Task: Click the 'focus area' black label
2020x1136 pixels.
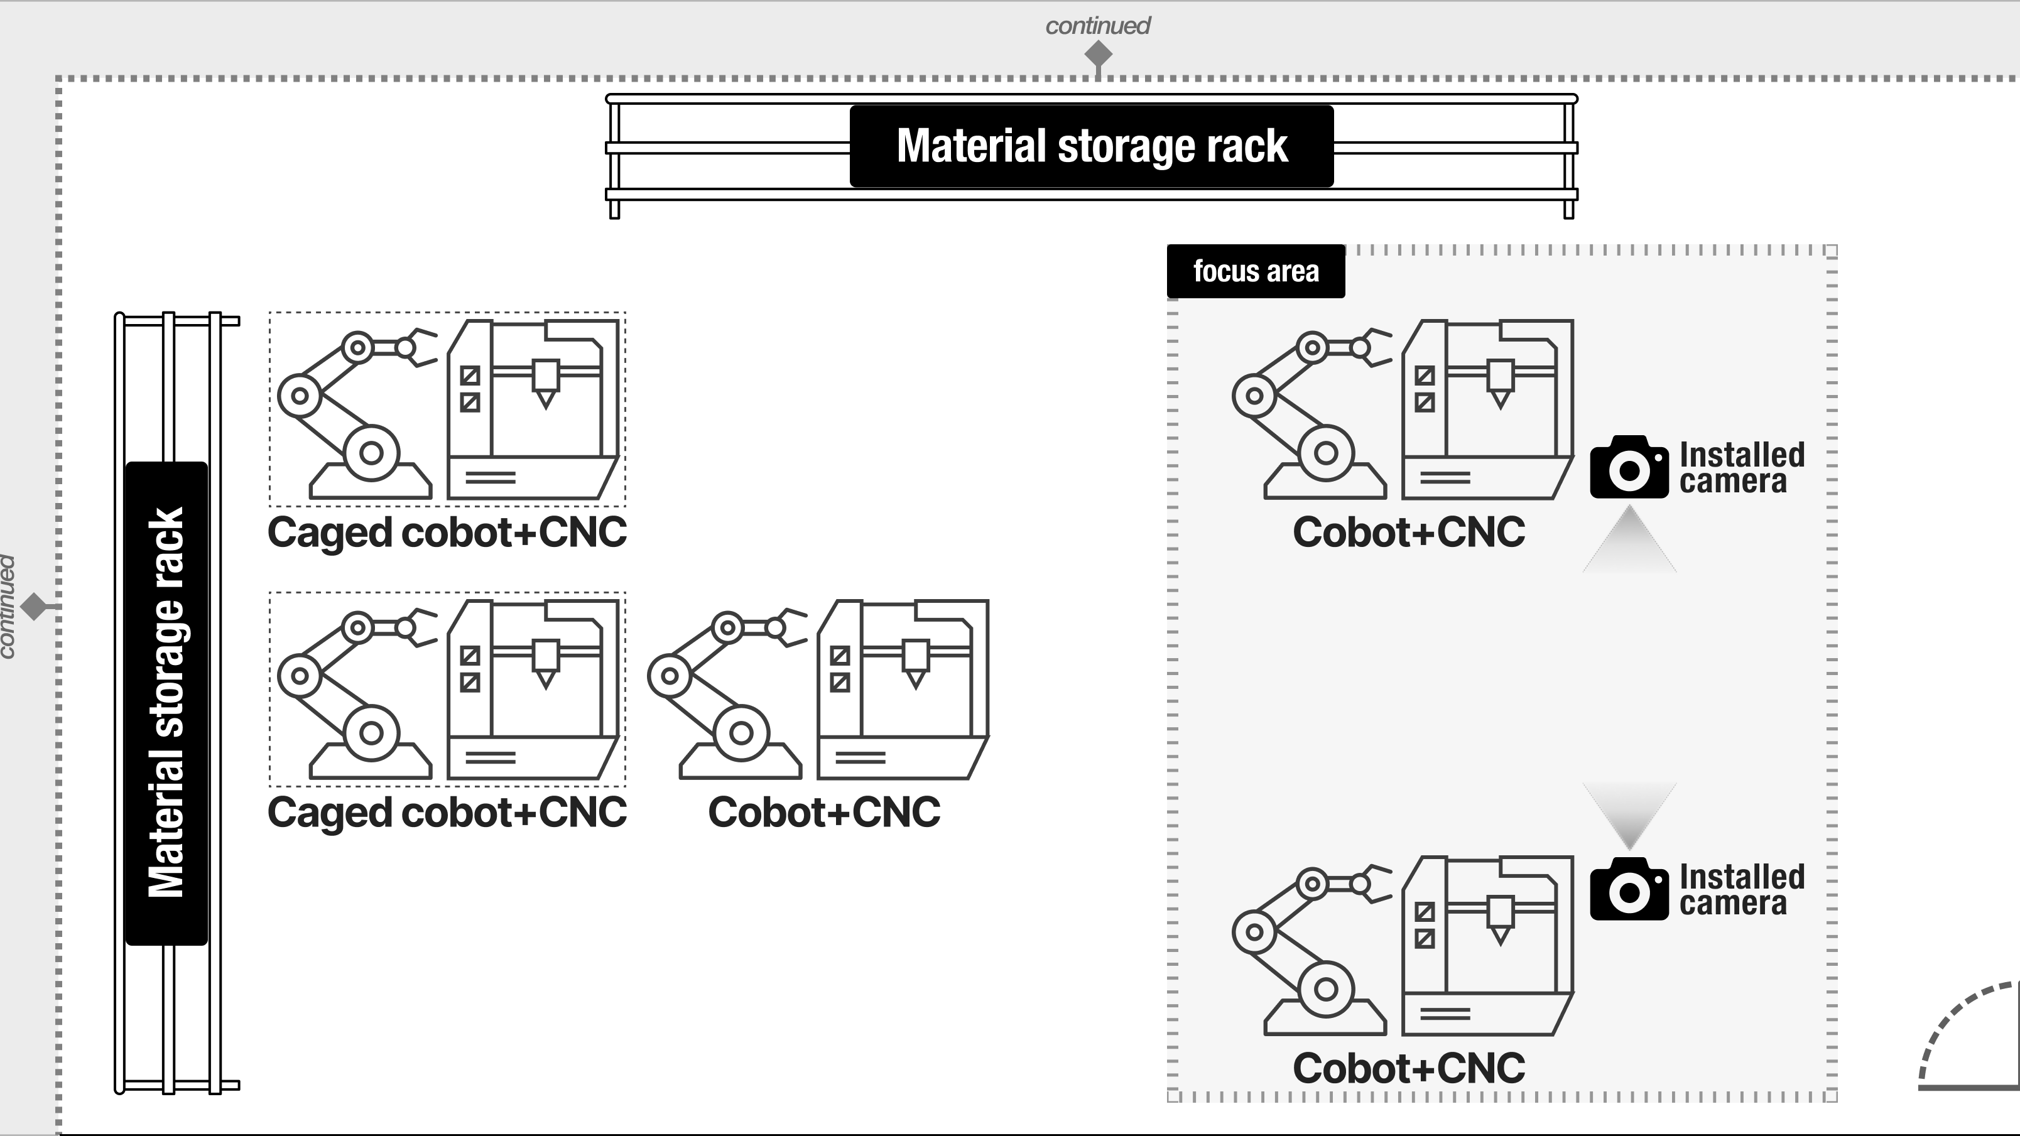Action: (1256, 271)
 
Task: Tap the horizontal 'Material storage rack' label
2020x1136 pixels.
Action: (1092, 146)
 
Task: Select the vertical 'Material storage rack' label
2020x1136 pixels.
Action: (166, 703)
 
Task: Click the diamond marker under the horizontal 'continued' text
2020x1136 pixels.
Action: (1098, 55)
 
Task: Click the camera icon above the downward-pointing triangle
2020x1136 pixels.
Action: (1629, 467)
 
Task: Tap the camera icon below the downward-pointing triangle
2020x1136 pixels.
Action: (1629, 889)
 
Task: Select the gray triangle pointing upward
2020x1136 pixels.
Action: (1629, 539)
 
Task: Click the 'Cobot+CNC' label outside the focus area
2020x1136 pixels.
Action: (824, 812)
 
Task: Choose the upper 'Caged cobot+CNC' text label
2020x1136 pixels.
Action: (447, 533)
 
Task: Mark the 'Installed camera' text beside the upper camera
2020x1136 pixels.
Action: (1742, 468)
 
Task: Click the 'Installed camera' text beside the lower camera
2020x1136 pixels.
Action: (1742, 890)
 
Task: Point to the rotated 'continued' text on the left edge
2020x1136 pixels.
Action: (7, 607)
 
